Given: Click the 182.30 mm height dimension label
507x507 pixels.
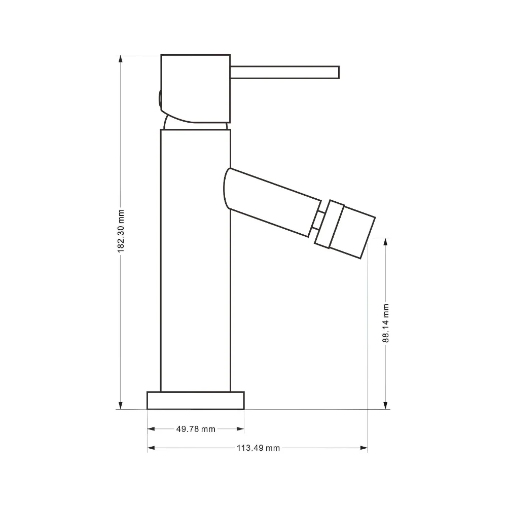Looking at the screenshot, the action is coord(121,231).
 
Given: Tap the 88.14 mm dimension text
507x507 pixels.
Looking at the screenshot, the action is coord(385,323).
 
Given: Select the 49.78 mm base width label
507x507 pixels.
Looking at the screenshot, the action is coord(196,429).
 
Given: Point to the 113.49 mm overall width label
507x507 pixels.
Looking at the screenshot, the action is coord(258,448).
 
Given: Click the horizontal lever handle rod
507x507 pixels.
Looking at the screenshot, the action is coord(284,73).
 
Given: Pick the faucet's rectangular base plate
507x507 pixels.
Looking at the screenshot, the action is coord(196,401).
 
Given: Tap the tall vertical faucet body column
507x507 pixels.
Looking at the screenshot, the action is coord(196,261).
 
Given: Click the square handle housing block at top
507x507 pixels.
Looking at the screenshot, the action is coord(196,89).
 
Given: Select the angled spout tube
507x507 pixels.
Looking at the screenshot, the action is coord(272,202).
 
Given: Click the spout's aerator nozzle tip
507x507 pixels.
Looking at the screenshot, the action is coord(352,232).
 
